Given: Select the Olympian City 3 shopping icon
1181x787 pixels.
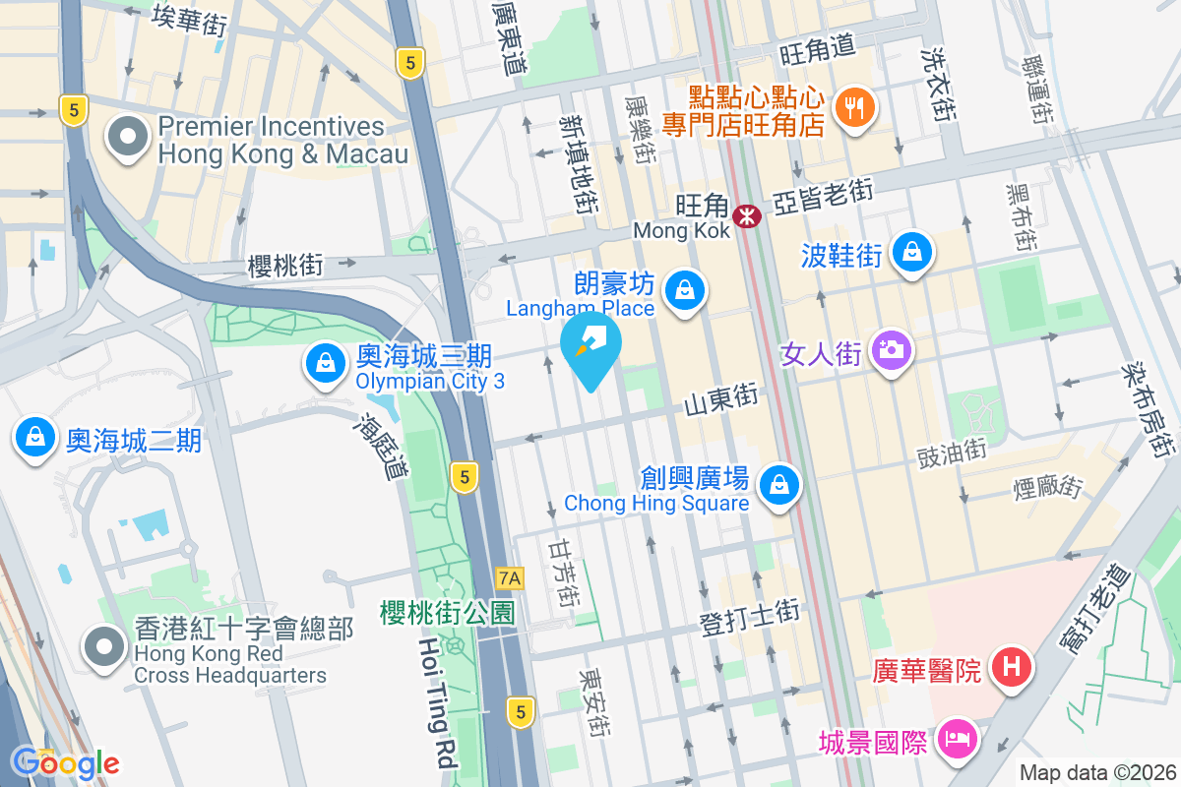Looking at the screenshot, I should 324,365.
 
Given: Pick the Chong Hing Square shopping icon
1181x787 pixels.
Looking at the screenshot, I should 779,484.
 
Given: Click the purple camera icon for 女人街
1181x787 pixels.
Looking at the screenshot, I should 892,350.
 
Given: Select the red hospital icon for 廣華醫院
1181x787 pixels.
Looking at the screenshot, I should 1011,669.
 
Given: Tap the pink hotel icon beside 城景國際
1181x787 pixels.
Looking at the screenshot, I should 956,737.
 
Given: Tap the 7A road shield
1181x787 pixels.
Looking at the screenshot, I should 510,577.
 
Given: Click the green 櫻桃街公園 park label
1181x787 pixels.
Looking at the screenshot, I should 448,613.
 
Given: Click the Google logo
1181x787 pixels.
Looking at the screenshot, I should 66,763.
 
